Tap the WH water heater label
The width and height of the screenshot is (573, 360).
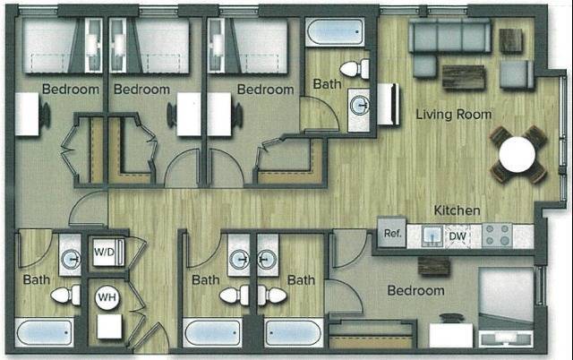[107, 296]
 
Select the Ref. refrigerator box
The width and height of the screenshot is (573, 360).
[391, 235]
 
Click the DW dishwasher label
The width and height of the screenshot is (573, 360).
[458, 236]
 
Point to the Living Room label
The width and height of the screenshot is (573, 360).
[454, 115]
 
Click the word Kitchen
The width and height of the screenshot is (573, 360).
[458, 210]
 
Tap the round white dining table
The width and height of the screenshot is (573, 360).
[518, 153]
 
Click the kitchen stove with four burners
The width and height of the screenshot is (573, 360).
[497, 236]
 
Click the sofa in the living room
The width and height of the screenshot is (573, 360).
[449, 37]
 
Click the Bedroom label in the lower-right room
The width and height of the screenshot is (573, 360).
[415, 291]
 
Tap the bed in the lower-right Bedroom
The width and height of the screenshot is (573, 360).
[506, 304]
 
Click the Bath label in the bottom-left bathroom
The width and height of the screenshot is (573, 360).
[37, 279]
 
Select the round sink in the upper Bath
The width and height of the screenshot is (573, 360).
[361, 105]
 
